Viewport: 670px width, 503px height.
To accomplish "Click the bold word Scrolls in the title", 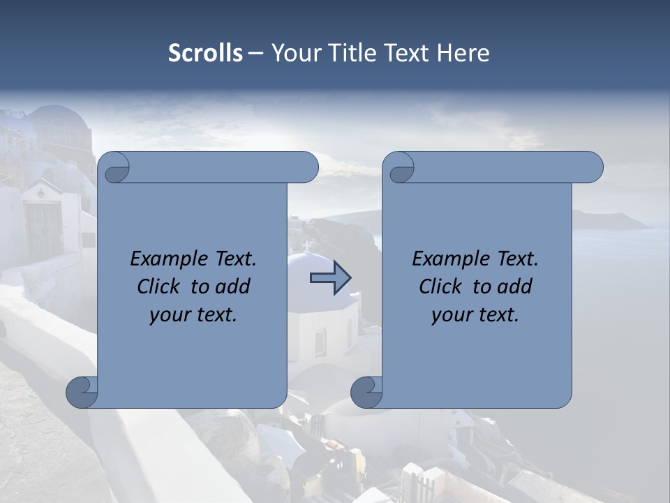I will pyautogui.click(x=206, y=53).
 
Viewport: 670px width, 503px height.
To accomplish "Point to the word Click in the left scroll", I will pyautogui.click(x=162, y=286).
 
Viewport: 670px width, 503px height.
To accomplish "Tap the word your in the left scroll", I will pyautogui.click(x=170, y=315).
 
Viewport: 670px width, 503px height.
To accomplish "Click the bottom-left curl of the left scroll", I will pyautogui.click(x=82, y=392).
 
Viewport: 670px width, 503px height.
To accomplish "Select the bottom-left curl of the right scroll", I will pyautogui.click(x=366, y=392).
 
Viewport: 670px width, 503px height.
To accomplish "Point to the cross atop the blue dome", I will pyautogui.click(x=306, y=246).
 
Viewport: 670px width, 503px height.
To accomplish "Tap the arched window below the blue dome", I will pyautogui.click(x=320, y=342).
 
